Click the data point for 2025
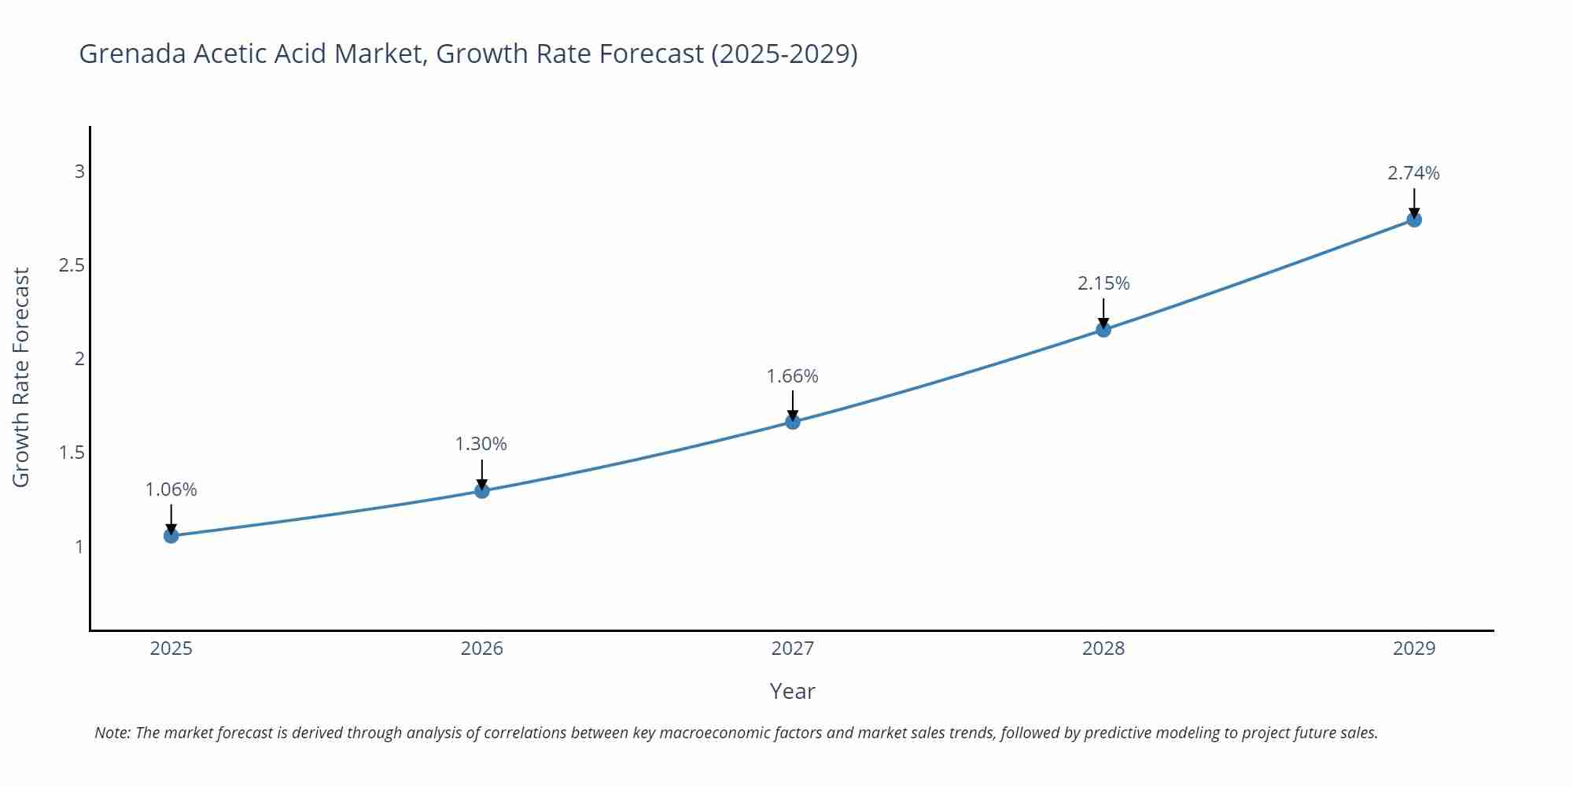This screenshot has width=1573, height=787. tap(171, 536)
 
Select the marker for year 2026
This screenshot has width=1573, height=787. tap(482, 491)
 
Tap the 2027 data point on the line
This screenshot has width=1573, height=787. tap(793, 422)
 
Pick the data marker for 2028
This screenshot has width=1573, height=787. tap(1103, 330)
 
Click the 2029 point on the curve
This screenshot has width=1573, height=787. tap(1414, 220)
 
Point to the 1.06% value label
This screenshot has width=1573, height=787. tap(171, 490)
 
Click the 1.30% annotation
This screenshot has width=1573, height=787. tap(481, 444)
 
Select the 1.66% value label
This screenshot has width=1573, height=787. tap(793, 376)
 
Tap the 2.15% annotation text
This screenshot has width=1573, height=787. tap(1103, 283)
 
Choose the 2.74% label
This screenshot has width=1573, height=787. tap(1413, 173)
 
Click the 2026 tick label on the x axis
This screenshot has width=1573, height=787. tap(482, 648)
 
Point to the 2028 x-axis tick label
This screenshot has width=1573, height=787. tap(1103, 648)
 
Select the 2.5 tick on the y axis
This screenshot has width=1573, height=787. tap(72, 265)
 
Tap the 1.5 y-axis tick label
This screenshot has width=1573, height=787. tap(72, 453)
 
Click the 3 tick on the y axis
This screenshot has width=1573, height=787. tap(79, 172)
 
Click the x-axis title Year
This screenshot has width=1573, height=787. tap(793, 691)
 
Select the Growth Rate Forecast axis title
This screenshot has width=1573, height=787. tap(21, 378)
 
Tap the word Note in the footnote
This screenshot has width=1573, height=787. tap(112, 733)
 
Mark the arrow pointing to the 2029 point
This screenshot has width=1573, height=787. tap(1414, 202)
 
